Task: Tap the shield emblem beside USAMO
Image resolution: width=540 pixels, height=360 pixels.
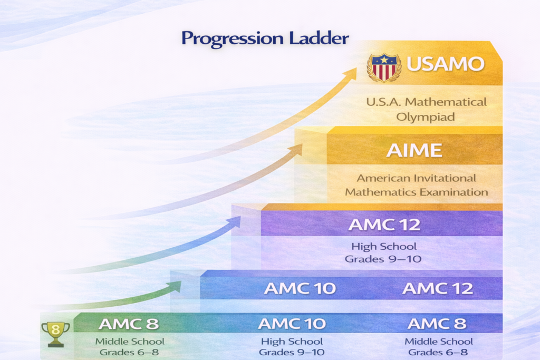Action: coord(383,66)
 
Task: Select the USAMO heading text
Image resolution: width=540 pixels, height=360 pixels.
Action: coord(446,64)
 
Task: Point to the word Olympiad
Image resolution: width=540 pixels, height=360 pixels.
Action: coord(426,116)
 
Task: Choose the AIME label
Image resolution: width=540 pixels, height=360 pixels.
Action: coord(414,150)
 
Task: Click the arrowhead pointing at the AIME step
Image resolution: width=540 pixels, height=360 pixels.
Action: coord(296,149)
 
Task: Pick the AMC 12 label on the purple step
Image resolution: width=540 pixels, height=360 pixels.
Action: coord(384,225)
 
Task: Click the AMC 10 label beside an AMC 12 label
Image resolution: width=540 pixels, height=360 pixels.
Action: coord(300,288)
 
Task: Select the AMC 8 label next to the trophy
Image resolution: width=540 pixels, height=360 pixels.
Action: coord(129,323)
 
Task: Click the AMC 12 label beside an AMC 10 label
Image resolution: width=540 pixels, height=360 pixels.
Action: coord(438,288)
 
